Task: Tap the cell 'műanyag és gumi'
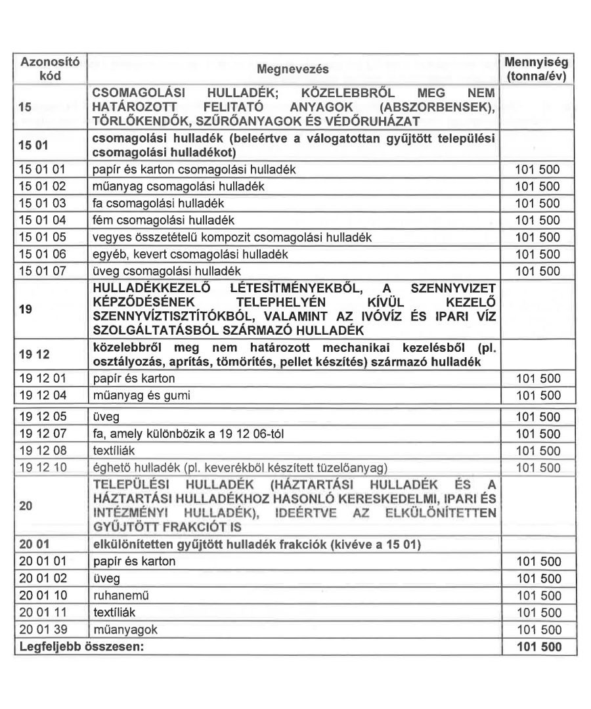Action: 134,395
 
